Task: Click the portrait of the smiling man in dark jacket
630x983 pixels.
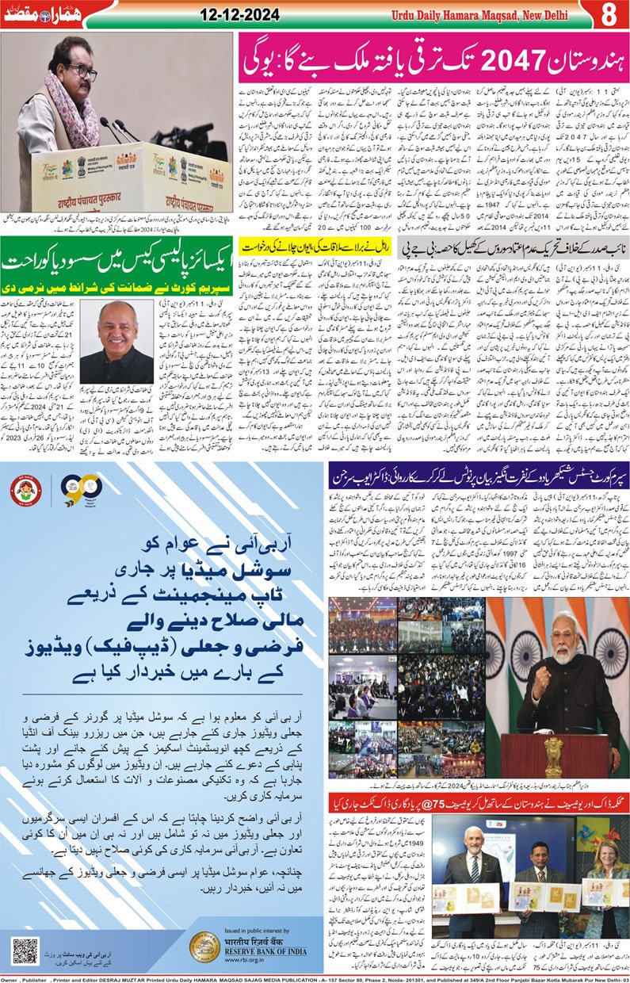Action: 116,342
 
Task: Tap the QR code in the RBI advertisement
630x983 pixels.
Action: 25,950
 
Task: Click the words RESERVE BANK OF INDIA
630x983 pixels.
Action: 265,954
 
